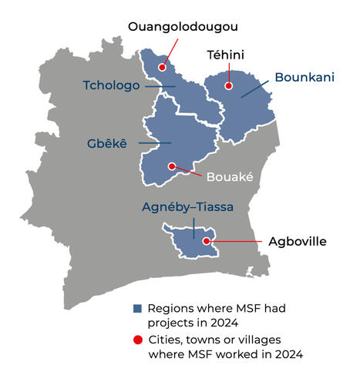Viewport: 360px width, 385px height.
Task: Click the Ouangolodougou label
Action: pyautogui.click(x=183, y=27)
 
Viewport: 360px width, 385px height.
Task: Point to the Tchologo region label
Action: pyautogui.click(x=112, y=85)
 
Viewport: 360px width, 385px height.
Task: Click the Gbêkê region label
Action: pyautogui.click(x=110, y=142)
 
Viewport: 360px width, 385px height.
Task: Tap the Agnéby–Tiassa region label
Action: pyautogui.click(x=187, y=207)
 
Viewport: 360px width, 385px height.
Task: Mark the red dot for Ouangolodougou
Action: pyautogui.click(x=162, y=68)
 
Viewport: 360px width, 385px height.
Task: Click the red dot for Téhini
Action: pyautogui.click(x=229, y=86)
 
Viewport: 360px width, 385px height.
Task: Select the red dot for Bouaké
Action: pyautogui.click(x=171, y=166)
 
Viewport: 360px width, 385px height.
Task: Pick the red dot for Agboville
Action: pyautogui.click(x=206, y=241)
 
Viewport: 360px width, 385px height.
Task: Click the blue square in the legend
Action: pyautogui.click(x=137, y=308)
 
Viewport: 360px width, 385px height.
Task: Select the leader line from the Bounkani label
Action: pyautogui.click(x=256, y=88)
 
